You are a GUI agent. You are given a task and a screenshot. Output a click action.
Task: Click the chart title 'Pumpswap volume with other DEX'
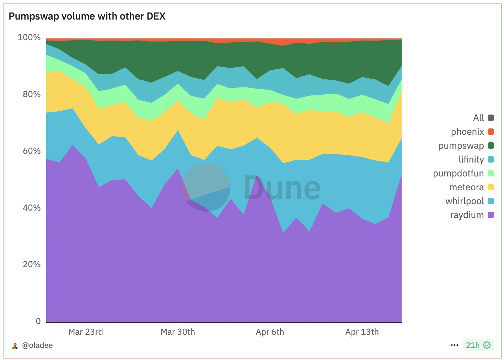pyautogui.click(x=87, y=16)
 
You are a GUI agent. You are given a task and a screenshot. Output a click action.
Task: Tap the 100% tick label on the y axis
pyautogui.click(x=29, y=37)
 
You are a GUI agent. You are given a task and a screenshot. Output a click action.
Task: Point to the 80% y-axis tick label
pyautogui.click(x=32, y=94)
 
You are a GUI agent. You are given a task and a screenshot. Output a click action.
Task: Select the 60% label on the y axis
pyautogui.click(x=32, y=151)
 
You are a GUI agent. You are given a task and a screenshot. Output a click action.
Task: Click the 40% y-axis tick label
pyautogui.click(x=32, y=208)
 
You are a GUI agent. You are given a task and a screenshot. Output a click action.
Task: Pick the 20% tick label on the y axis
pyautogui.click(x=32, y=264)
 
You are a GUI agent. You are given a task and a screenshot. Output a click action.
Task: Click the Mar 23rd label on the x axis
pyautogui.click(x=86, y=332)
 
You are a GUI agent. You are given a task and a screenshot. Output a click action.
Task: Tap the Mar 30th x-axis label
pyautogui.click(x=178, y=332)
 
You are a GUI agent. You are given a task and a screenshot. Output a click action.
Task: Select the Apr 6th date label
pyautogui.click(x=270, y=332)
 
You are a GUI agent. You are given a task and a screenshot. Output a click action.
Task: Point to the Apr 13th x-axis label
pyautogui.click(x=362, y=332)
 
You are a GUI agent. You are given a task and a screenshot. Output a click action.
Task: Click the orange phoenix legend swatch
pyautogui.click(x=491, y=132)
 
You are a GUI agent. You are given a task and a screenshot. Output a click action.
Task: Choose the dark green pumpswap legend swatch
pyautogui.click(x=491, y=145)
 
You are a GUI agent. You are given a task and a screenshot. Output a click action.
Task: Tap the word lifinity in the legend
pyautogui.click(x=471, y=159)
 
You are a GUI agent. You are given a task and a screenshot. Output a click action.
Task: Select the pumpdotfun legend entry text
pyautogui.click(x=458, y=173)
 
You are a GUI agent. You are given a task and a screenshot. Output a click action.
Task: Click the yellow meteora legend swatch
pyautogui.click(x=491, y=187)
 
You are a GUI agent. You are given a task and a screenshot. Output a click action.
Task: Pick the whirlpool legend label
pyautogui.click(x=465, y=201)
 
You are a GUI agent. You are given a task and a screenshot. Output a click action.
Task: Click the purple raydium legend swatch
pyautogui.click(x=491, y=215)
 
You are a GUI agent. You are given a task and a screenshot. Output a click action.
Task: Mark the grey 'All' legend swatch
pyautogui.click(x=491, y=118)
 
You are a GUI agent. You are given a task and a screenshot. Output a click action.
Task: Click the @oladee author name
pyautogui.click(x=37, y=345)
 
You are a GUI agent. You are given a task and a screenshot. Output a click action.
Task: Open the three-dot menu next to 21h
pyautogui.click(x=454, y=345)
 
